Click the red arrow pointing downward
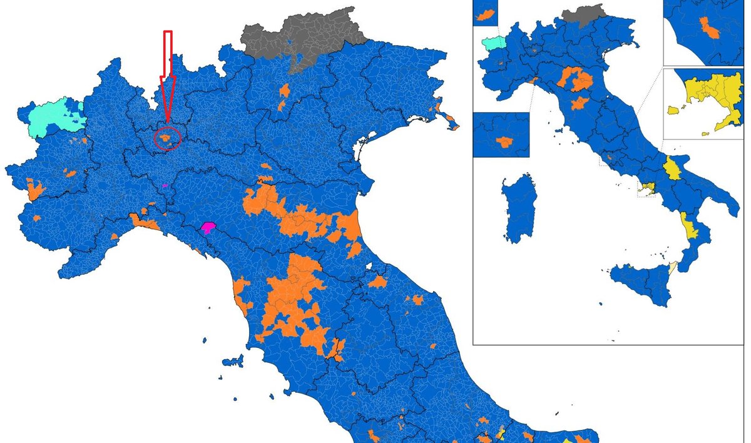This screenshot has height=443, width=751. click(167, 75)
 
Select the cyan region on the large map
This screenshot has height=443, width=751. click(54, 115)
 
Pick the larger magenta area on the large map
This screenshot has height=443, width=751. click(208, 228)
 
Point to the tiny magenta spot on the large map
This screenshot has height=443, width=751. click(165, 186)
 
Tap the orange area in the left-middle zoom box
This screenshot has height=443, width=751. click(503, 141)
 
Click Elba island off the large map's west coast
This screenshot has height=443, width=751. click(232, 361)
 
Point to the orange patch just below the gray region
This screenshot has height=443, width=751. click(284, 94)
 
